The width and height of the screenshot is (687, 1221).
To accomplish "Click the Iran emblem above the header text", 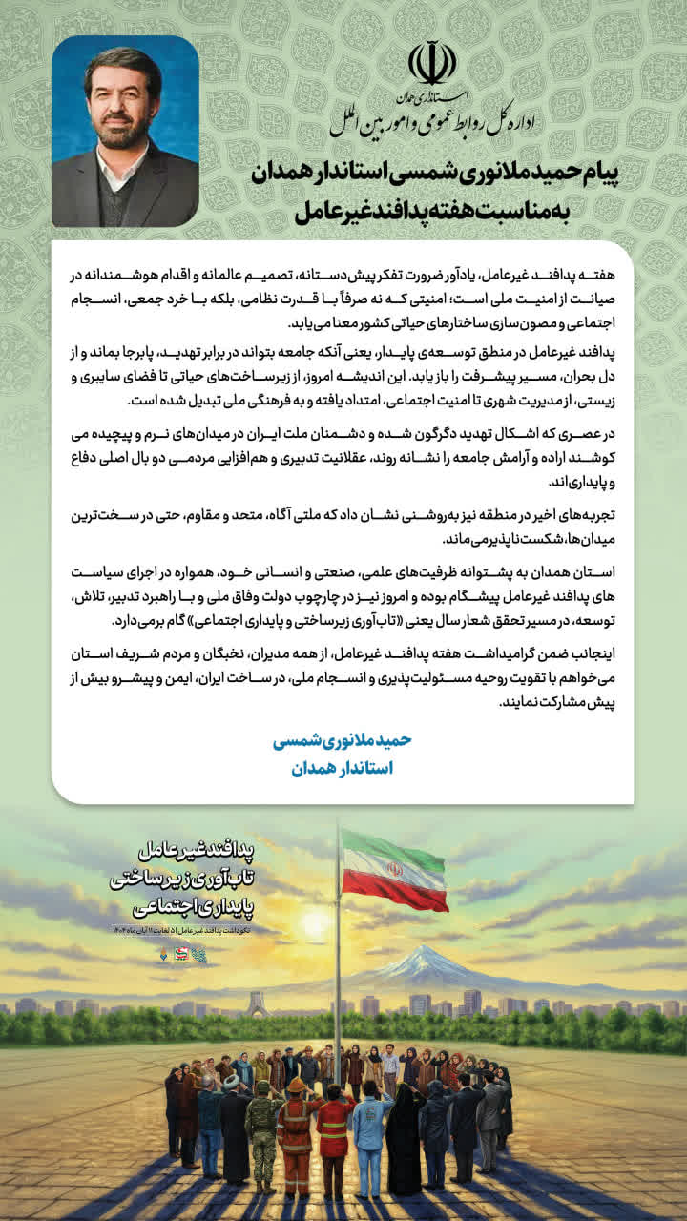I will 432,63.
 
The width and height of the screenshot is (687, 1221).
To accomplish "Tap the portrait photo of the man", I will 125,132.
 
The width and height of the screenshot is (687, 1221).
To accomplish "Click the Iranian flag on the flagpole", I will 394,869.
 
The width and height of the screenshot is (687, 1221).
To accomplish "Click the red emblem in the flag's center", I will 394,870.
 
